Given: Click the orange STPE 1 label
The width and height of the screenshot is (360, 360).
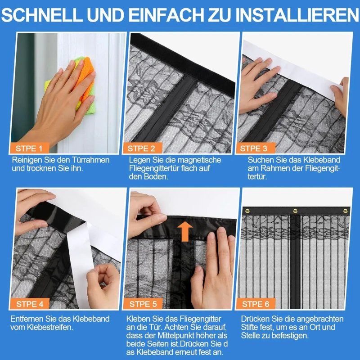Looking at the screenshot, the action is pos(29,148).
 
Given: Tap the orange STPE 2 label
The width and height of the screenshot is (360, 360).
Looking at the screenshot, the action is pos(142,148).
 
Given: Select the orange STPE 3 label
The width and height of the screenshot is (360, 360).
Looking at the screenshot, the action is pos(254,148).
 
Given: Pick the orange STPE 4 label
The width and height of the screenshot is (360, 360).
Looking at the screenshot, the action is pos(30,304).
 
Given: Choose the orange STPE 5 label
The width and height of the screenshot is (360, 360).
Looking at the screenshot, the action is pos(143,304).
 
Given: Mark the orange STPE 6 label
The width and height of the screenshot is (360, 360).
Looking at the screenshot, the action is pos(255,304).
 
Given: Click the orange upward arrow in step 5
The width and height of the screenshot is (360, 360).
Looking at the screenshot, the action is pos(185,231).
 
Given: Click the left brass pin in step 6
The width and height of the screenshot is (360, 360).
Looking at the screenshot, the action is pos(247,211).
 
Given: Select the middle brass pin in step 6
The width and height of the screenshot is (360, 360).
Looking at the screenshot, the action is pos(295,211).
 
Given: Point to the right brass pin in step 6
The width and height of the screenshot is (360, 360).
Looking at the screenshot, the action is pos(345,211).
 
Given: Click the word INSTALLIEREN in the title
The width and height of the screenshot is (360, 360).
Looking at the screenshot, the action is pos(297,15).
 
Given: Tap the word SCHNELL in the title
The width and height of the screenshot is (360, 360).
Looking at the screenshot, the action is pos(42,15).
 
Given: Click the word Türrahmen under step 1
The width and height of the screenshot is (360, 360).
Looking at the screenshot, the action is pos(91,160).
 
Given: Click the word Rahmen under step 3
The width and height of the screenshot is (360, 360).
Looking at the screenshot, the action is pos(271,168).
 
